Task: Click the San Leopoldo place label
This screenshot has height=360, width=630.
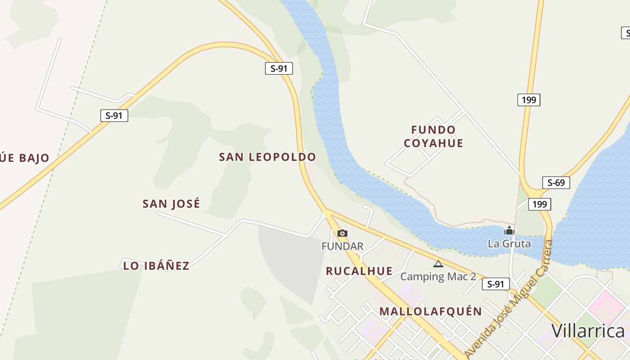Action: click(267, 157)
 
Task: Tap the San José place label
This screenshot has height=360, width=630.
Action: click(171, 204)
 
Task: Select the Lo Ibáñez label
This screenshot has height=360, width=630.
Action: click(156, 265)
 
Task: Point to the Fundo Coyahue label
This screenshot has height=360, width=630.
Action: click(433, 136)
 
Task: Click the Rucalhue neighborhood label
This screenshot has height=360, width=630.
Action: click(359, 271)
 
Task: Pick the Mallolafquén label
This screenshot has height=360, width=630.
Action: click(431, 311)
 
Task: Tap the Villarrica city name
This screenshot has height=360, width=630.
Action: click(588, 331)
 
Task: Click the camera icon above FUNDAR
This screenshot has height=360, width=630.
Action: click(342, 233)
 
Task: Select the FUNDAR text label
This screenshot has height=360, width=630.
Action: click(342, 246)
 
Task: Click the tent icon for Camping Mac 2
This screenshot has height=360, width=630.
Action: click(438, 264)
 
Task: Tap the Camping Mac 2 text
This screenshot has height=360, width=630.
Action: click(438, 276)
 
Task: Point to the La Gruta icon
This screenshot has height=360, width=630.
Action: click(509, 231)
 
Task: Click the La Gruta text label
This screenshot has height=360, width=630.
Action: click(509, 244)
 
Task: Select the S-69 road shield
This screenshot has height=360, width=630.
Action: click(556, 183)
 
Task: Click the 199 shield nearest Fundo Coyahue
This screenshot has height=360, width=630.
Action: click(529, 100)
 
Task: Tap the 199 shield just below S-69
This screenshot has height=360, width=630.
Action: click(540, 204)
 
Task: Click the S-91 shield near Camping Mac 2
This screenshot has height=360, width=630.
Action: click(496, 284)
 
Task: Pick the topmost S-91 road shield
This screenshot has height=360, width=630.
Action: click(279, 68)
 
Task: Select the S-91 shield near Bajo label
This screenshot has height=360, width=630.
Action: click(114, 116)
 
